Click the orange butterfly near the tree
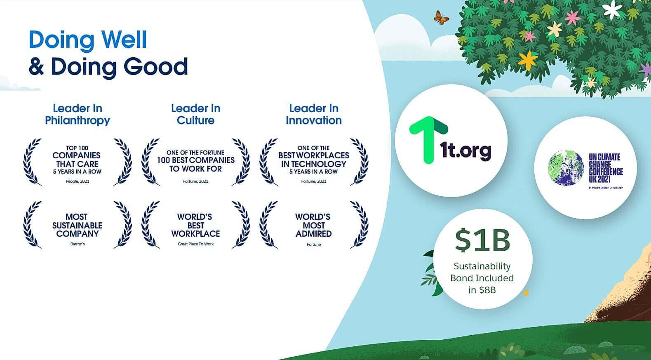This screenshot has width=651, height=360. [441, 17]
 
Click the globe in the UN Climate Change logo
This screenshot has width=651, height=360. [566, 168]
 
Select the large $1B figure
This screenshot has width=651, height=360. [482, 240]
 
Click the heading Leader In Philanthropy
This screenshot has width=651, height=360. [78, 114]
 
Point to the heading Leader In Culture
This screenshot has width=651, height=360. [195, 114]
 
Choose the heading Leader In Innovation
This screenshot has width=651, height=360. [314, 114]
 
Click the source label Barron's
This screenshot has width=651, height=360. [78, 244]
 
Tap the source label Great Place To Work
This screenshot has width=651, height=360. [195, 244]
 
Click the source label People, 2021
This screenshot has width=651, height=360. [78, 181]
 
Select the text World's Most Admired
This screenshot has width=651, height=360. [313, 226]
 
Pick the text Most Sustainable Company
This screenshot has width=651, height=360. [78, 226]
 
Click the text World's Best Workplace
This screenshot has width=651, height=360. [195, 226]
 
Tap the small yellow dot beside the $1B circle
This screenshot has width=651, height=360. [526, 293]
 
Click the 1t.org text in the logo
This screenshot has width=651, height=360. [465, 151]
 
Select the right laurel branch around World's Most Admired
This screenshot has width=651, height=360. [359, 225]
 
